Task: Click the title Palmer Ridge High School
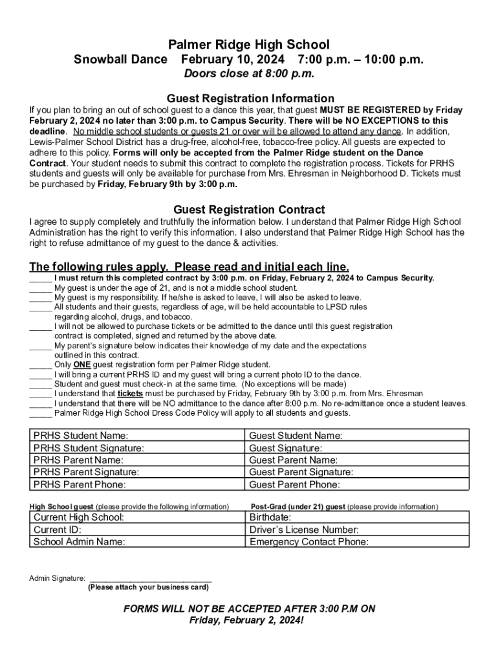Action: (249, 45)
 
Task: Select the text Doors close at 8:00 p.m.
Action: (249, 74)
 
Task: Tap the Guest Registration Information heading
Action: (250, 98)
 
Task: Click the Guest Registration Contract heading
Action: (249, 210)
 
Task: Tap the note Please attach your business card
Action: (148, 587)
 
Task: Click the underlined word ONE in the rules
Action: (81, 365)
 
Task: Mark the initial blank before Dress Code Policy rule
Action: (40, 413)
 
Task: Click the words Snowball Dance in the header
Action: (120, 60)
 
